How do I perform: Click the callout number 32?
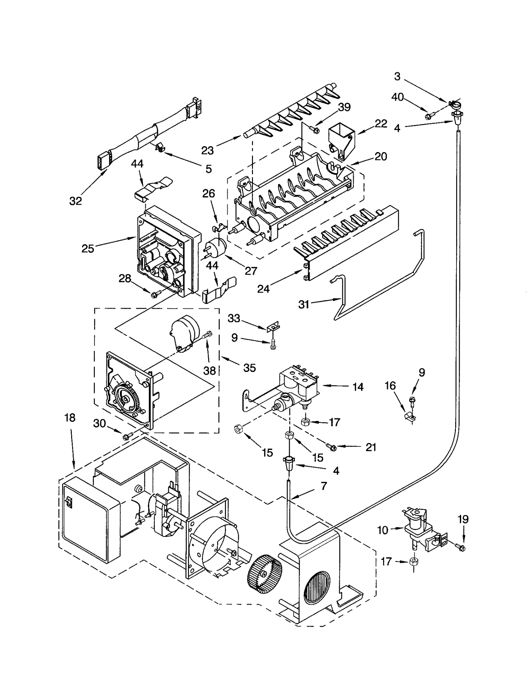pyautogui.click(x=75, y=200)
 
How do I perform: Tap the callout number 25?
pyautogui.click(x=88, y=249)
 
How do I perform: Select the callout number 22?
pyautogui.click(x=381, y=124)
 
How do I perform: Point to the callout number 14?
pyautogui.click(x=358, y=387)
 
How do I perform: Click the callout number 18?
pyautogui.click(x=70, y=418)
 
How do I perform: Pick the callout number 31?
pyautogui.click(x=304, y=304)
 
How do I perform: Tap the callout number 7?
pyautogui.click(x=324, y=486)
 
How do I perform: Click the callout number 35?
pyautogui.click(x=249, y=368)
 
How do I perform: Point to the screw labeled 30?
pyautogui.click(x=126, y=437)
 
